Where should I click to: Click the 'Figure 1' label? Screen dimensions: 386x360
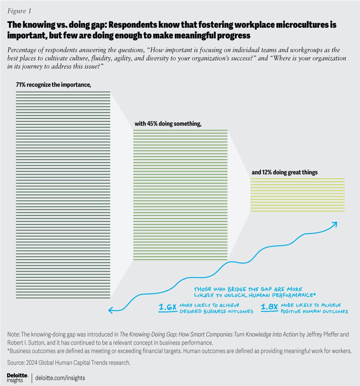pos(18,10)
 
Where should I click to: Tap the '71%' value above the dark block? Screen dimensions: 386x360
pos(21,85)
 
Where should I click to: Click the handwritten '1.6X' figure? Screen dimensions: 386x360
pos(168,308)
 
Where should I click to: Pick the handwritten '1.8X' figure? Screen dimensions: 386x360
pos(270,308)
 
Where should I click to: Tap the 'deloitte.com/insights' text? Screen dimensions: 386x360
pos(60,378)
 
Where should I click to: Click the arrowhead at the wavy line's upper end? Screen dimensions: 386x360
pos(334,224)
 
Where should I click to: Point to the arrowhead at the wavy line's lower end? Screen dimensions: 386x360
pos(111,310)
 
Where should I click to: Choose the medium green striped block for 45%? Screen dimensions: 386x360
pos(180,195)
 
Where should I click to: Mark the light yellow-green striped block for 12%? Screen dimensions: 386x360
pos(297,195)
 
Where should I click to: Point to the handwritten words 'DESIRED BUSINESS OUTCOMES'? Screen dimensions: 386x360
pos(216,311)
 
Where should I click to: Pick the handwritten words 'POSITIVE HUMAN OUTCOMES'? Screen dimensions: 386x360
pos(314,311)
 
